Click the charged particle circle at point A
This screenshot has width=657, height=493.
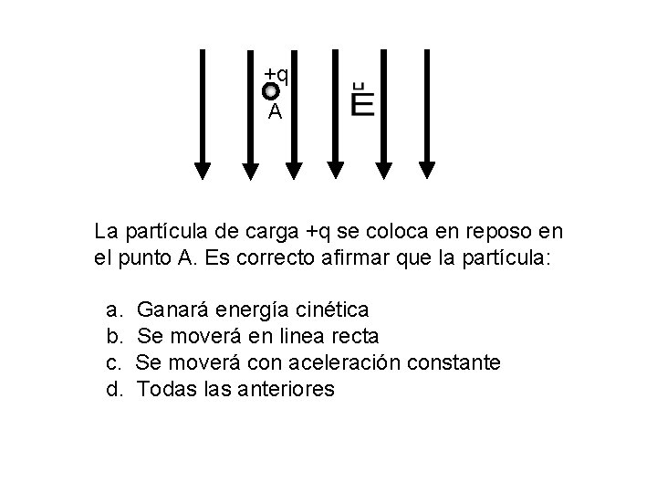(x=271, y=91)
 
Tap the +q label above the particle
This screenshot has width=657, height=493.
(x=276, y=74)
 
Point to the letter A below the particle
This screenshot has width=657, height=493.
(x=275, y=113)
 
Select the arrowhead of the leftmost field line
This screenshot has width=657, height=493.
(x=203, y=169)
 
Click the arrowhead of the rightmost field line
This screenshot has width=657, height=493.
(x=427, y=169)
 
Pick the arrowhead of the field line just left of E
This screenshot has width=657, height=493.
(x=336, y=169)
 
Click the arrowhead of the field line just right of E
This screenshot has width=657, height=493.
(x=384, y=169)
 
